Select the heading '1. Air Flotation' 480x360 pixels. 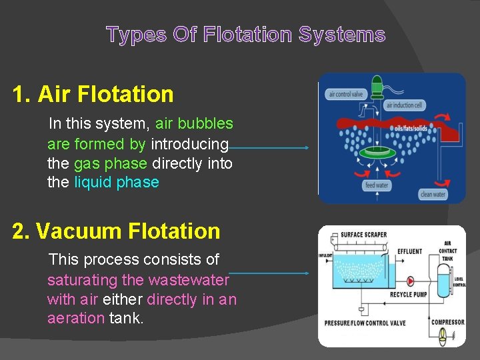[93, 94]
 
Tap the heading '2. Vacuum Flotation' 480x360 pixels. [116, 231]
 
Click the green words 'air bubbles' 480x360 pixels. [194, 124]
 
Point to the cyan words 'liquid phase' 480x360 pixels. [117, 183]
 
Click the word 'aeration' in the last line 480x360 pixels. [75, 319]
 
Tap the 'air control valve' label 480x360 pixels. [345, 95]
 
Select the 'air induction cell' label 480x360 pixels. [405, 105]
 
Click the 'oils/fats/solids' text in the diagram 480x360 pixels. [412, 128]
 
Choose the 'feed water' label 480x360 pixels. [377, 185]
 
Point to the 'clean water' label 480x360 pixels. [433, 195]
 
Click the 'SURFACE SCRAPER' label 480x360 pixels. [363, 235]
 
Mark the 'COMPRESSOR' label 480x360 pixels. [447, 322]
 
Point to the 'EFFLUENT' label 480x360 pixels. [409, 251]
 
